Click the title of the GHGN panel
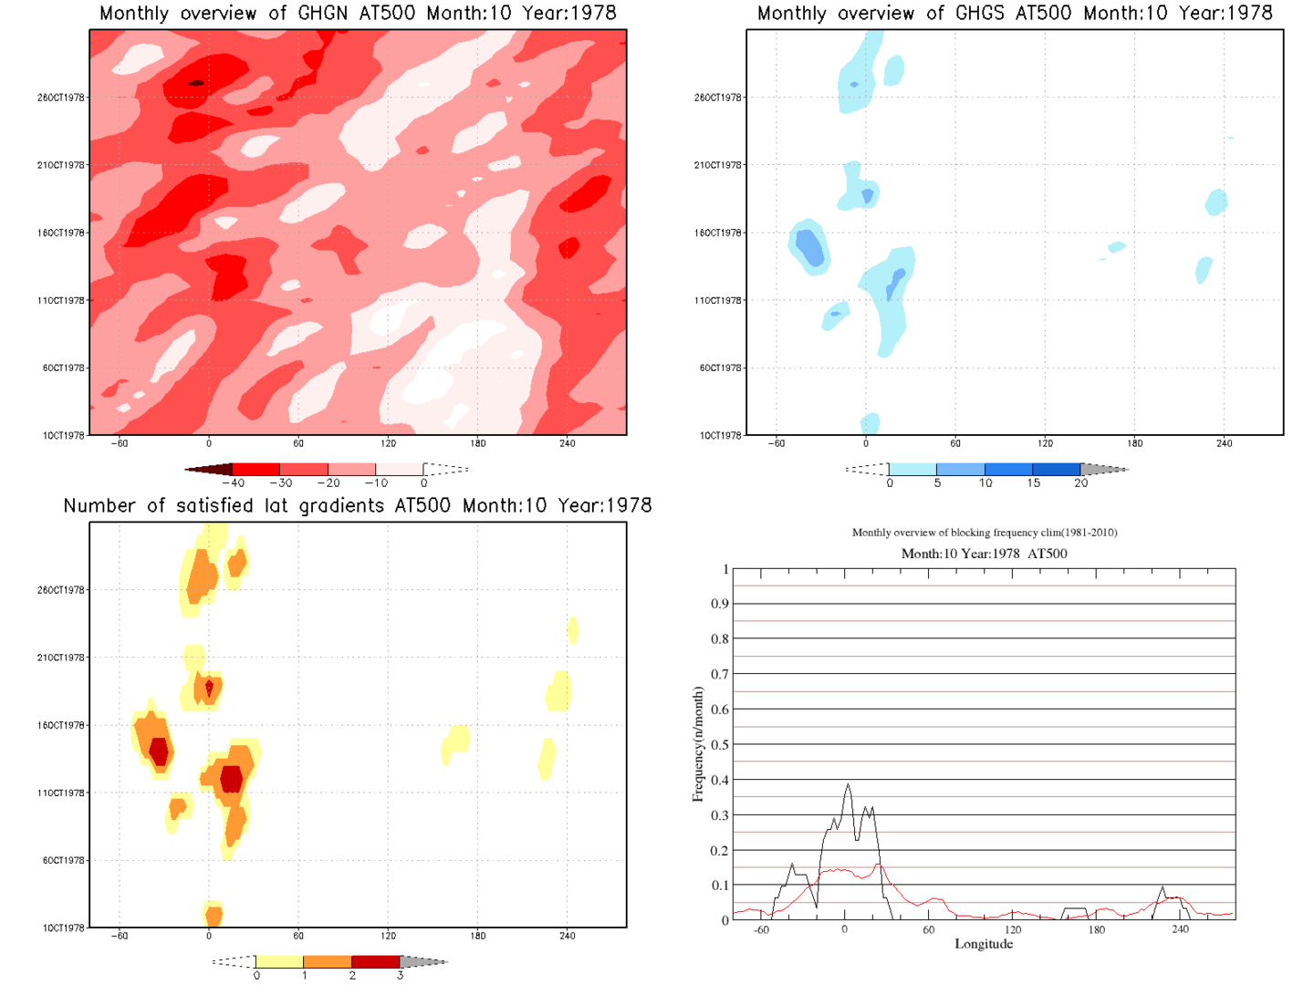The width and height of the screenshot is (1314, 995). tap(358, 14)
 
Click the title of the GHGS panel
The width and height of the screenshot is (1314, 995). tap(1015, 14)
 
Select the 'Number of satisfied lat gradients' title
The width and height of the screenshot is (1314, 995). tap(358, 506)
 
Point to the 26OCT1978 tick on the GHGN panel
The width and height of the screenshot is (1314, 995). tap(61, 98)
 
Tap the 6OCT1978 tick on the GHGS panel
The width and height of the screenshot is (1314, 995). tap(718, 368)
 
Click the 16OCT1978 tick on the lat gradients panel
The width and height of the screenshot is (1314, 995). tap(61, 726)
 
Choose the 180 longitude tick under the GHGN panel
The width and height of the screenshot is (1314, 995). tap(477, 444)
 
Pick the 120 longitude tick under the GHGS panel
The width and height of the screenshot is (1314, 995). tap(1045, 444)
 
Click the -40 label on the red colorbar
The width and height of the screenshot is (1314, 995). tap(235, 483)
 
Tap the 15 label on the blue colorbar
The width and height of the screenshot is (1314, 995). tap(1033, 483)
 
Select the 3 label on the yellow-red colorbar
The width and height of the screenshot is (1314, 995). tap(400, 976)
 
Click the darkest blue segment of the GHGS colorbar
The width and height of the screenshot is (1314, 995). tap(1057, 470)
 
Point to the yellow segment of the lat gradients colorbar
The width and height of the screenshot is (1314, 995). tap(279, 962)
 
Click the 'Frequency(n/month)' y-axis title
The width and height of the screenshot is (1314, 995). tap(698, 744)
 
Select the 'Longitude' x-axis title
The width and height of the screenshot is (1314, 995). tap(984, 944)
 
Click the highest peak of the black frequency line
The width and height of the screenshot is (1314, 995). tap(848, 784)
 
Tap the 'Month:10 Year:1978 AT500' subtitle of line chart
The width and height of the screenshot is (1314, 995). tap(984, 554)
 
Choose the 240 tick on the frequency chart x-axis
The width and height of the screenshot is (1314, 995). tap(1180, 929)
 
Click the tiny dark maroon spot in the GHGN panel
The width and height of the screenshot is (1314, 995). tap(196, 83)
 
